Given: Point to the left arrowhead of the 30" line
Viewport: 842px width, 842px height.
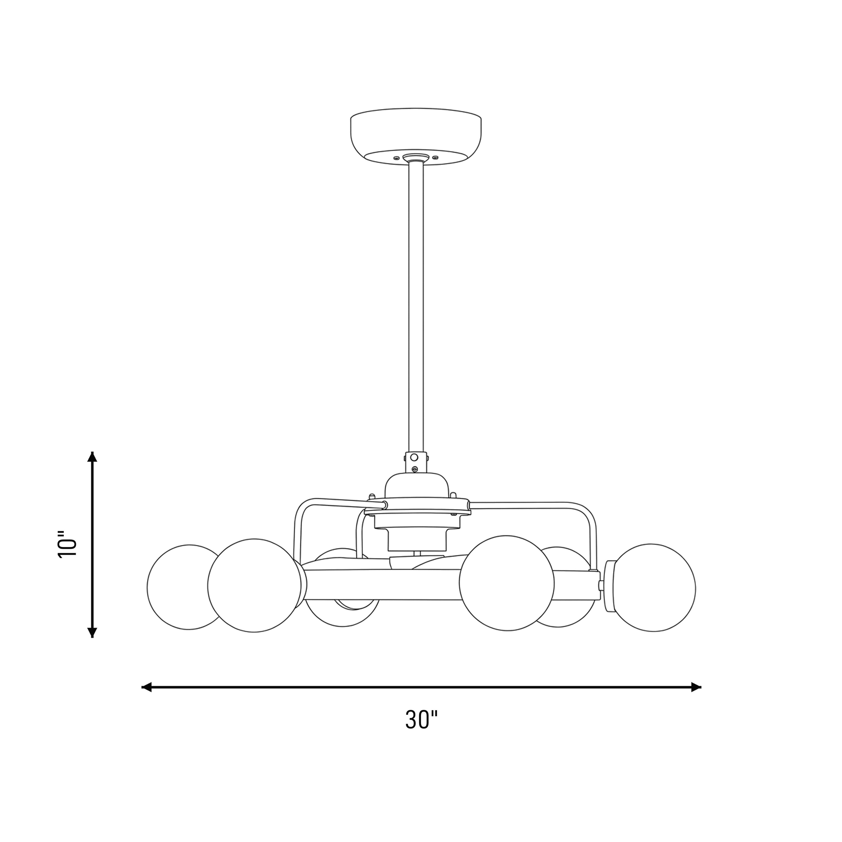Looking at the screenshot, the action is click(147, 687).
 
